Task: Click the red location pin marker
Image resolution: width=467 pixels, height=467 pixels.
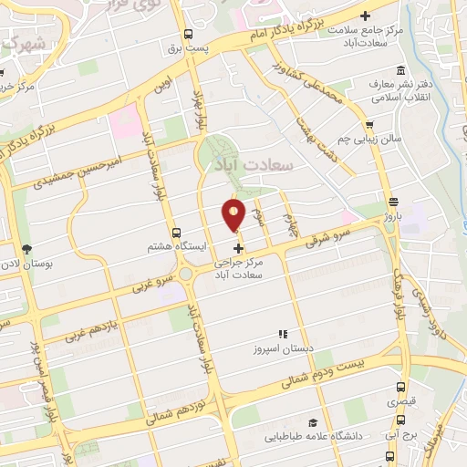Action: click(x=233, y=215)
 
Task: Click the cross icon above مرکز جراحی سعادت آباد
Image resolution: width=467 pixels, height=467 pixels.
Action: click(x=239, y=248)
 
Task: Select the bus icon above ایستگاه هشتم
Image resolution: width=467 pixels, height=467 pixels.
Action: click(x=176, y=233)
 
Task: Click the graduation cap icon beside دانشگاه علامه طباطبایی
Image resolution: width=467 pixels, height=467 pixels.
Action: click(x=313, y=422)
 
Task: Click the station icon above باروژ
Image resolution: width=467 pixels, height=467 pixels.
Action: click(x=392, y=202)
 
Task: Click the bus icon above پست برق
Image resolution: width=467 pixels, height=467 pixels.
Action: click(x=188, y=35)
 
